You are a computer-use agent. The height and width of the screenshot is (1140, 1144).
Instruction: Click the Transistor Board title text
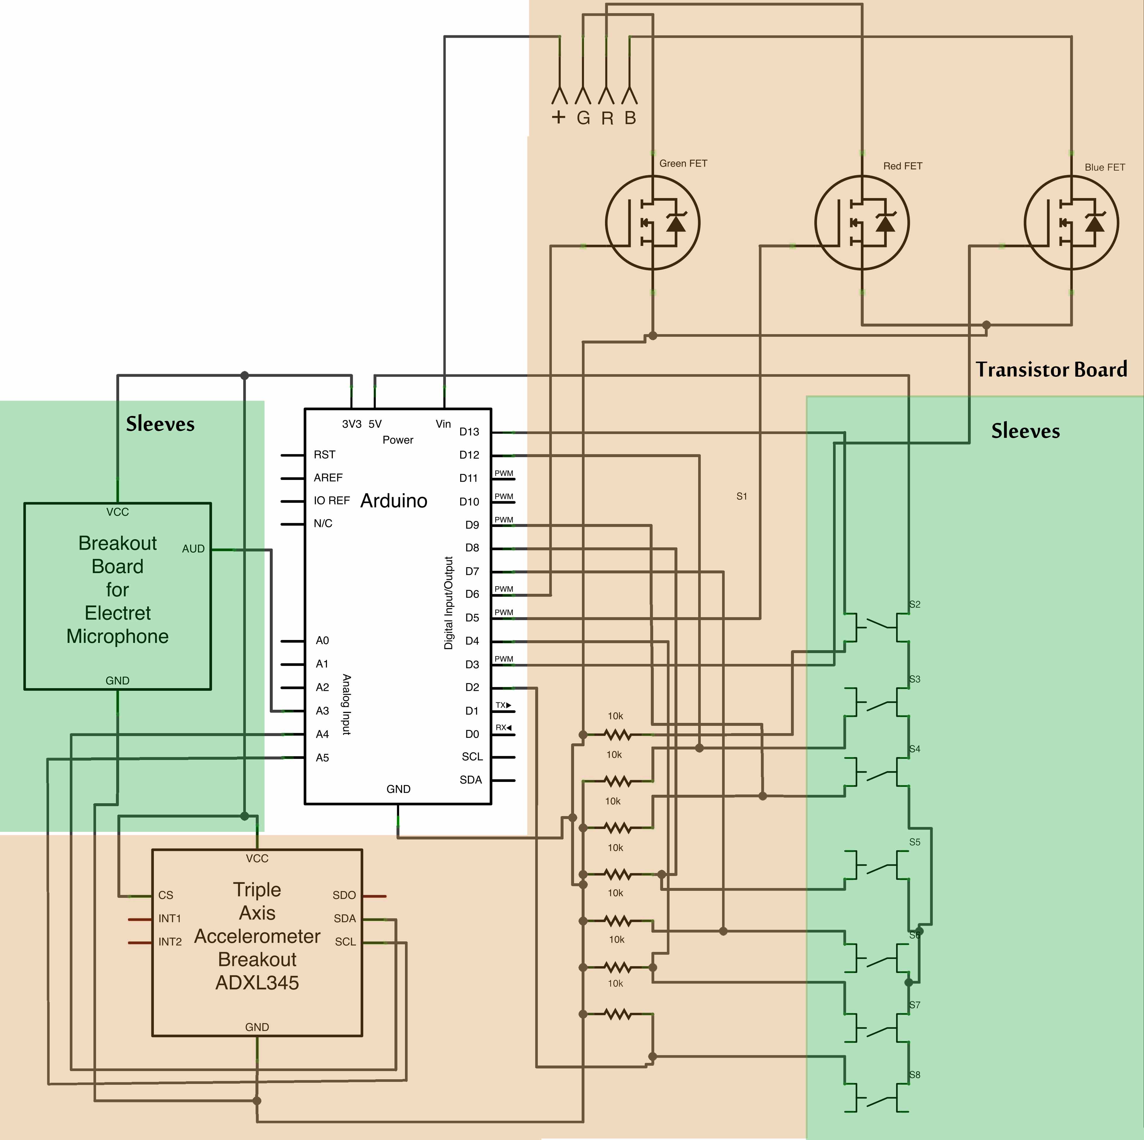point(1051,369)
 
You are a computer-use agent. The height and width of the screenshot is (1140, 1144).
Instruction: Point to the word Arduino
point(394,501)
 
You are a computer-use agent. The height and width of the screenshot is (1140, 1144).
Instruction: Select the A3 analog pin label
point(322,711)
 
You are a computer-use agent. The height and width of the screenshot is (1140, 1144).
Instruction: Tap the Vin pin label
point(443,424)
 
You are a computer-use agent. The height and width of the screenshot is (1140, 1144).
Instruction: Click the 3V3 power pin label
point(352,424)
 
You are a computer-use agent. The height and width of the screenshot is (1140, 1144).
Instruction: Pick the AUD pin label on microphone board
point(193,549)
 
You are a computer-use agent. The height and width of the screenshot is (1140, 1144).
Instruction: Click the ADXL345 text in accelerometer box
point(257,983)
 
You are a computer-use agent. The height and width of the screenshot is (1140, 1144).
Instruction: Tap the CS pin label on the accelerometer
point(166,896)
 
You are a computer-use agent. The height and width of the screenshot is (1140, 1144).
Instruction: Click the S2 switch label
point(915,605)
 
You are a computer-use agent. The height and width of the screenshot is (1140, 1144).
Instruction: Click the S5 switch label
point(915,842)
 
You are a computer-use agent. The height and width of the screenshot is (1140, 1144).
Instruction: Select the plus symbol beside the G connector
point(558,117)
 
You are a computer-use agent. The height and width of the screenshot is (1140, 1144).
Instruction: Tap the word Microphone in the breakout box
point(117,637)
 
